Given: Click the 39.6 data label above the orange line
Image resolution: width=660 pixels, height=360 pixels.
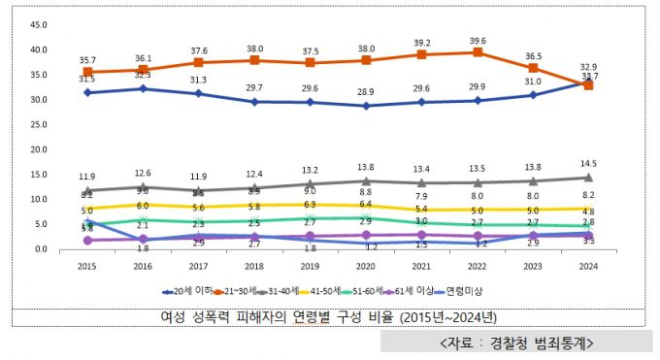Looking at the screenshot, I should [477, 41].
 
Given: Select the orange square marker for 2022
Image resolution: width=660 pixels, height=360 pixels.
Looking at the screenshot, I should [477, 52].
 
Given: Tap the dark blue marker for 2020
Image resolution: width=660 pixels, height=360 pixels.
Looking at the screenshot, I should [367, 105].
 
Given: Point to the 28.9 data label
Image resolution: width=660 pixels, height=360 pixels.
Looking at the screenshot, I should [367, 92].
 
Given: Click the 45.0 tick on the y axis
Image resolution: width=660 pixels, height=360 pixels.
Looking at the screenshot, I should [39, 24].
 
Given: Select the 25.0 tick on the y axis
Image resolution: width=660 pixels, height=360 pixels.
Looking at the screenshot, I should [39, 124].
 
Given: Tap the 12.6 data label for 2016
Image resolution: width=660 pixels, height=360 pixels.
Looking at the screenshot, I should [144, 174].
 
